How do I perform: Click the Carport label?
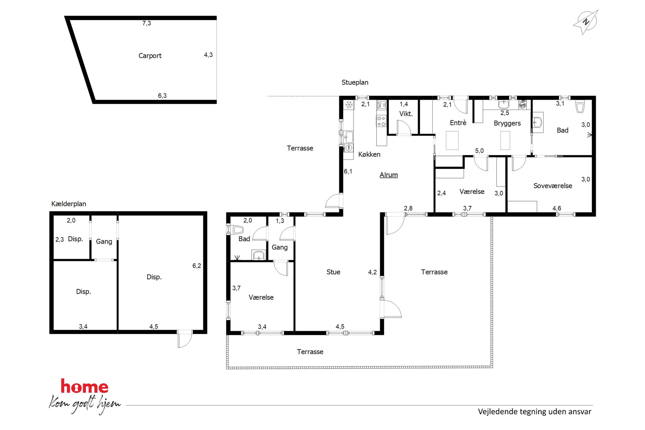click(150, 56)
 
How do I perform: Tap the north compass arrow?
click(586, 22)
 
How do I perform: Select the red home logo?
click(85, 386)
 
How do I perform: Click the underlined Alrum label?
click(388, 175)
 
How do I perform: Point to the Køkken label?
click(369, 154)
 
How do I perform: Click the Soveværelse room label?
click(553, 186)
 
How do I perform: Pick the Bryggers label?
click(507, 123)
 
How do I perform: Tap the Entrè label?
click(458, 123)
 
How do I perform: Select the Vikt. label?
click(406, 114)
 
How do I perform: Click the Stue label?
click(333, 272)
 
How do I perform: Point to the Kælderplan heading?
click(69, 204)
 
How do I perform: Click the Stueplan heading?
click(355, 83)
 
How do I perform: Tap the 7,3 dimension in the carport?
click(147, 23)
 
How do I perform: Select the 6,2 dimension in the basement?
click(197, 266)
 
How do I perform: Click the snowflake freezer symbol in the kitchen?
click(349, 105)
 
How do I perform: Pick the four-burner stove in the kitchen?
click(381, 121)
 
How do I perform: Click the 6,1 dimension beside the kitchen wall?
click(348, 171)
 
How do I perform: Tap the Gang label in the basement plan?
click(104, 241)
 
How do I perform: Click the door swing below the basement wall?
click(185, 340)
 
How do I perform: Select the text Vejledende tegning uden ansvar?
click(534, 412)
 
